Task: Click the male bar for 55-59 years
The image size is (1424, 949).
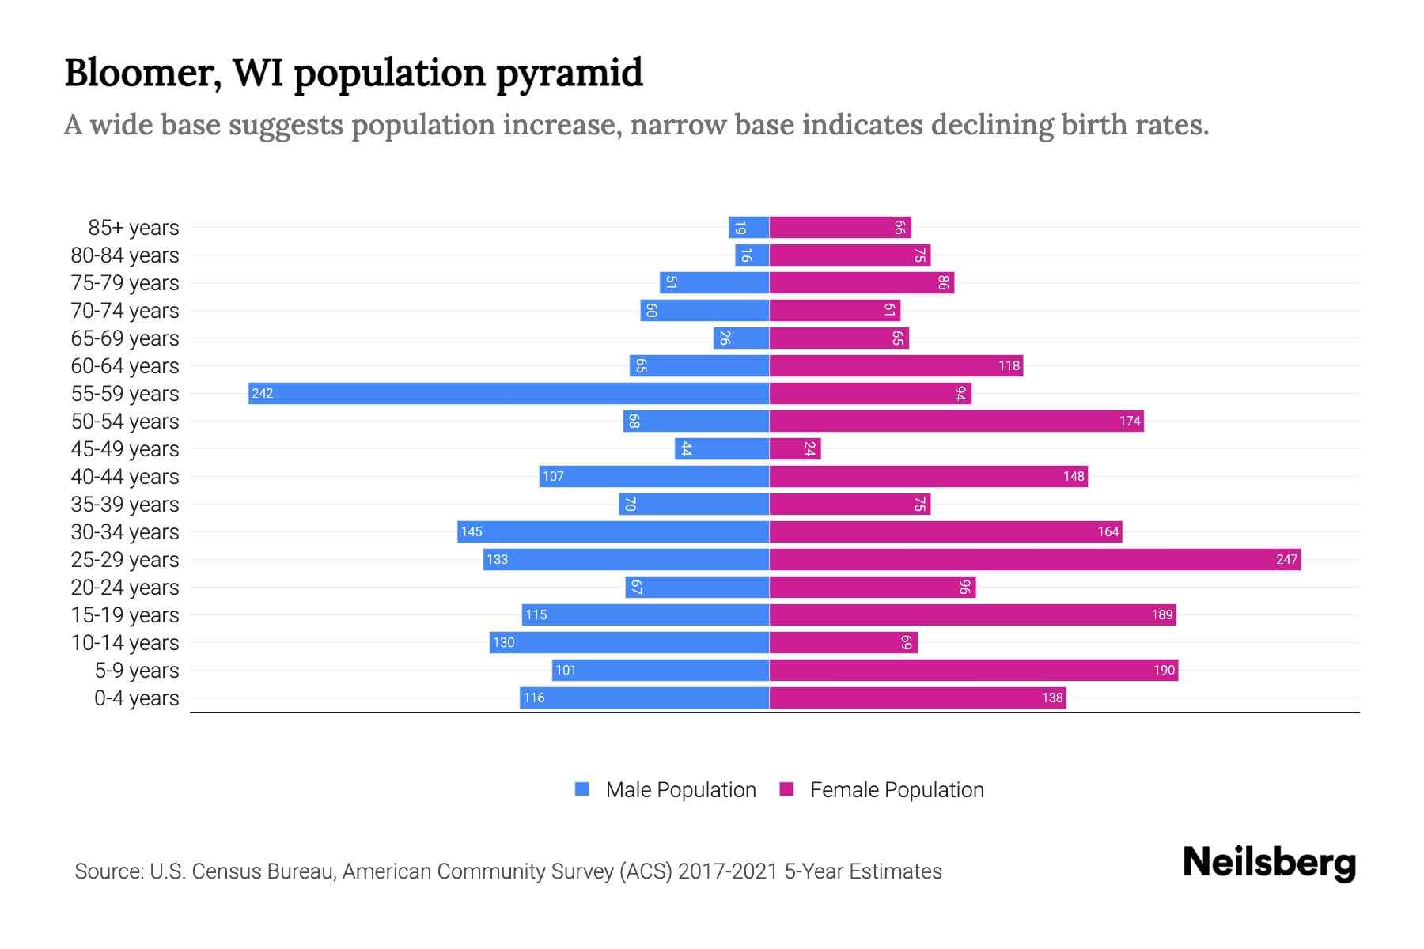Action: (509, 393)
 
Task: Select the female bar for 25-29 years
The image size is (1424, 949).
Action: (1035, 559)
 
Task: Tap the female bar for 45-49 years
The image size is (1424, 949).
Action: (795, 448)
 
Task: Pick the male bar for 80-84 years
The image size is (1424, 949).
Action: (752, 255)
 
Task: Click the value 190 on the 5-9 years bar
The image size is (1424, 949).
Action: (1164, 670)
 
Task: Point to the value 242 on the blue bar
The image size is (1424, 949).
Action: (263, 393)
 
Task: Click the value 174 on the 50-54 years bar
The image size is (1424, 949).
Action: (1130, 421)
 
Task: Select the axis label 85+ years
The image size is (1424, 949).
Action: (134, 228)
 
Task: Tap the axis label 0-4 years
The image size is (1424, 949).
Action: (136, 698)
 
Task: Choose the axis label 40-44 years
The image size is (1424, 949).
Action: (125, 477)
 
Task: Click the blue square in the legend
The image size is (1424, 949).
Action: (582, 789)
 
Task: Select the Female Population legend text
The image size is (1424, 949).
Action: (896, 789)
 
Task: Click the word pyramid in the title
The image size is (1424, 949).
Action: (570, 74)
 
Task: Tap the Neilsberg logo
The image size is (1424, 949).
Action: (1269, 863)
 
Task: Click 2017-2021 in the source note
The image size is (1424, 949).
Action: (728, 871)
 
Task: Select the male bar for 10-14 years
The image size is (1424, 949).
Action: (629, 642)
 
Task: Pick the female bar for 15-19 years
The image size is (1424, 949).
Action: (972, 614)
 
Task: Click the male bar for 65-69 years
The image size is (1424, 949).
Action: (741, 338)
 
